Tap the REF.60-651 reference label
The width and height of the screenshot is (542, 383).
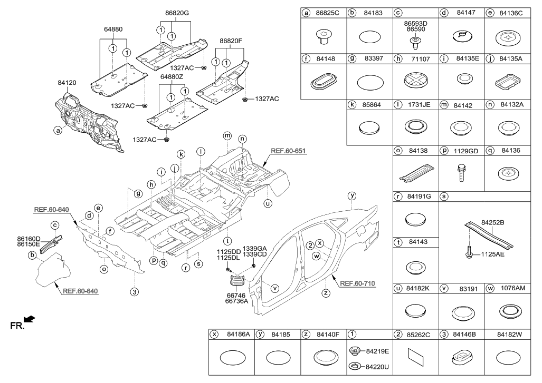(x=289, y=151)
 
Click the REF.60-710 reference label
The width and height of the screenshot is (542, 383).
(x=357, y=283)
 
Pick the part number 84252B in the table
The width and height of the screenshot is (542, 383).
(x=494, y=223)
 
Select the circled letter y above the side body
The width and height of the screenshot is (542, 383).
(x=351, y=195)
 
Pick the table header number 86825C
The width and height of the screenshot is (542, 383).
(x=328, y=12)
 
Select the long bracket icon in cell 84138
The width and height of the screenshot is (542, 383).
(x=415, y=173)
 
